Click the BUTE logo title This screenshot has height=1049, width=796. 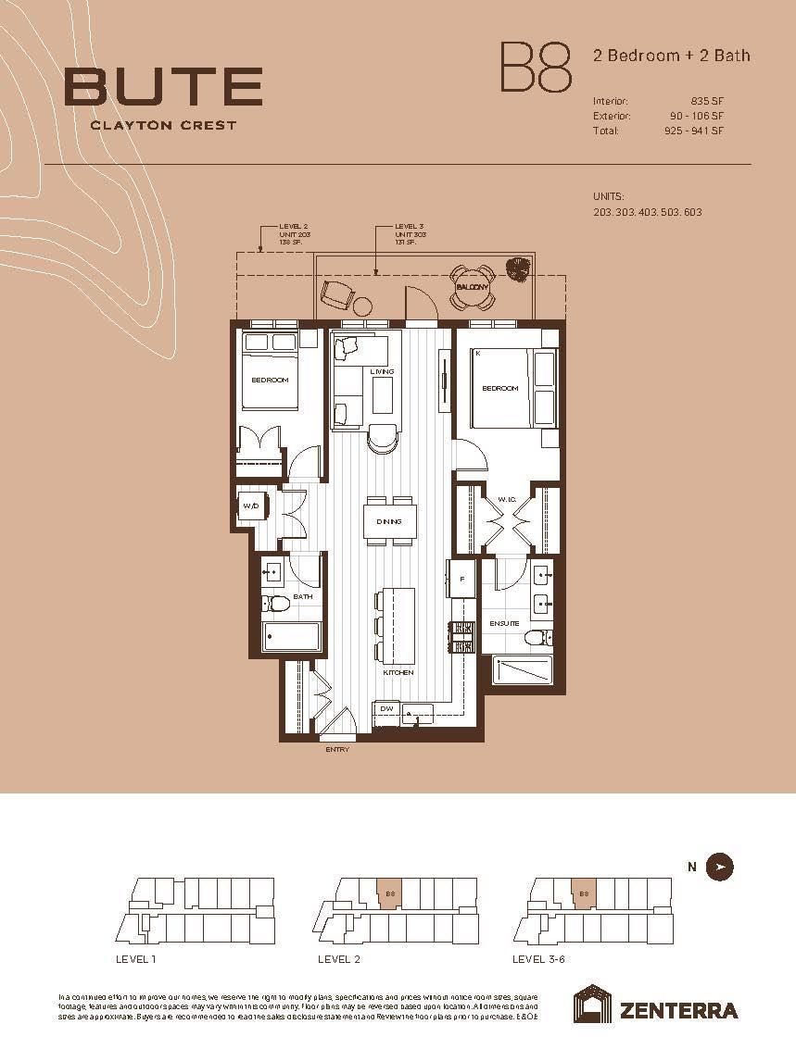[x=162, y=86]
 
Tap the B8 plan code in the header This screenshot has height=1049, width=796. [x=536, y=67]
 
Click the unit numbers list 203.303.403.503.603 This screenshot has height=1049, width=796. [x=647, y=212]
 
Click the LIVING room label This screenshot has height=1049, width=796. [x=382, y=371]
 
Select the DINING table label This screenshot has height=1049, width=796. [x=389, y=521]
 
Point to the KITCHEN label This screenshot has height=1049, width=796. [x=398, y=672]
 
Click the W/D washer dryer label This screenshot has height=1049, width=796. [x=250, y=506]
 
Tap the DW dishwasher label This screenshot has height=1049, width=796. [x=385, y=708]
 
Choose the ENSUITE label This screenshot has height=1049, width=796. [x=504, y=624]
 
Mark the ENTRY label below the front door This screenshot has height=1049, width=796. [x=337, y=749]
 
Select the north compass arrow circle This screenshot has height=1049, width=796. [x=720, y=867]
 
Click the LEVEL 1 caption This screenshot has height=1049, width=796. [x=137, y=959]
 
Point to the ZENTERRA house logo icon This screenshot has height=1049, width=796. [x=591, y=1005]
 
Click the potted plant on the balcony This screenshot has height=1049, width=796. [x=517, y=269]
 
